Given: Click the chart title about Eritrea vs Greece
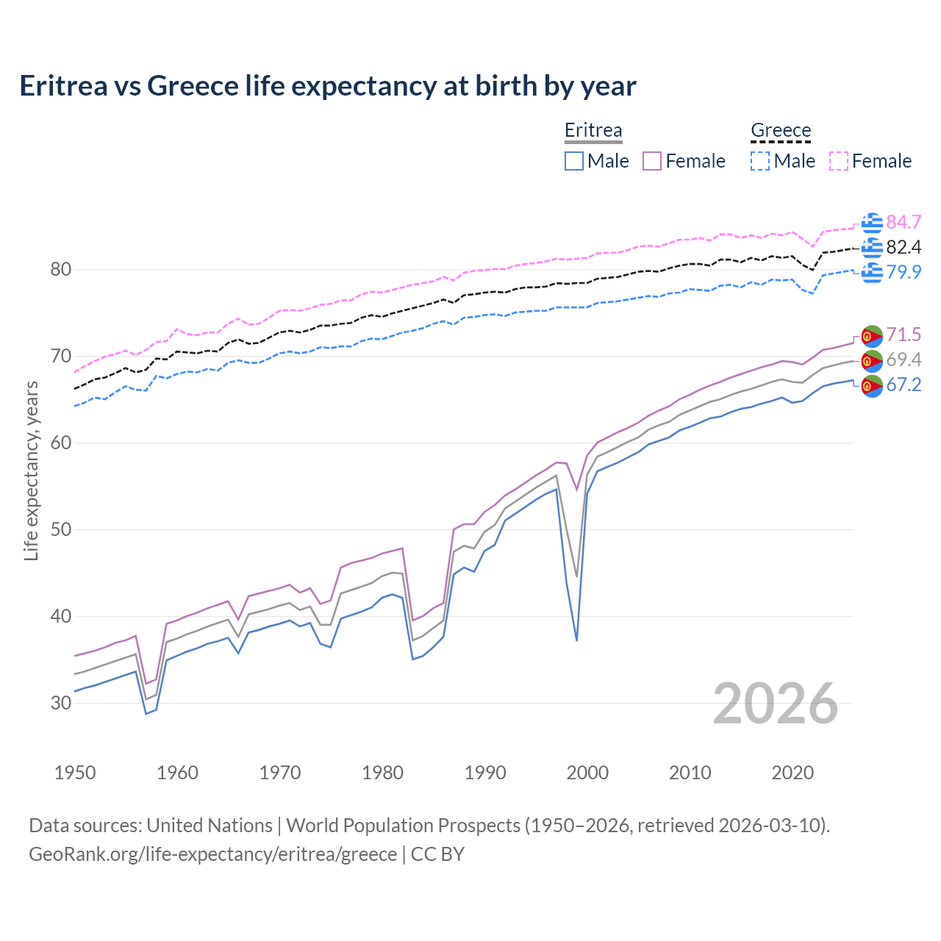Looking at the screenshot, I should click(328, 86).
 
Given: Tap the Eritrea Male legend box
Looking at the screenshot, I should click(574, 161).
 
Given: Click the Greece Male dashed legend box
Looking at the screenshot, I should click(760, 161).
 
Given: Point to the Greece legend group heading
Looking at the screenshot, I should click(781, 131).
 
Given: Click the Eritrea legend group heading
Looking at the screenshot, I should click(593, 131).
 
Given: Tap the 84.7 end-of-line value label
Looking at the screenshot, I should click(904, 222).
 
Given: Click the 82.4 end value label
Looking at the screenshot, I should click(904, 247).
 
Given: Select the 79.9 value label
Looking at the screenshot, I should click(904, 272).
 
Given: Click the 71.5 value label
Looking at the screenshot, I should click(904, 335).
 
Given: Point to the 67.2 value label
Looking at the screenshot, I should click(904, 385).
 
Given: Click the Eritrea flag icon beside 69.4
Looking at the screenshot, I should click(872, 360).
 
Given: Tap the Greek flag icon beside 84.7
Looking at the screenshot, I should click(872, 222).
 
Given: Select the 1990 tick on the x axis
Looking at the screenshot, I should click(485, 773).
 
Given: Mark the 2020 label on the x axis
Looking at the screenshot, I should click(792, 773).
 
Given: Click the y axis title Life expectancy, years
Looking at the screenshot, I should click(32, 470).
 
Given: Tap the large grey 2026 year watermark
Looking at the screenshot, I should click(776, 704).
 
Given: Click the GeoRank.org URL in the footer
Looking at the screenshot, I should click(212, 854).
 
